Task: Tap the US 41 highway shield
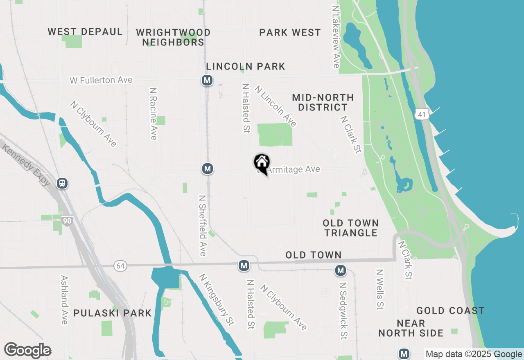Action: tap(422, 114)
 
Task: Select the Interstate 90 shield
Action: tap(68, 221)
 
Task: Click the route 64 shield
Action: tap(120, 266)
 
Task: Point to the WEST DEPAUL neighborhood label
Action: tap(85, 32)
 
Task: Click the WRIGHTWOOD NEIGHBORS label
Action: tap(173, 37)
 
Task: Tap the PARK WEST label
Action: tap(290, 33)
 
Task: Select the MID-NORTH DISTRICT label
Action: tap(323, 102)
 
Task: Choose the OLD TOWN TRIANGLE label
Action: tap(351, 228)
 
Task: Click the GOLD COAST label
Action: tap(450, 311)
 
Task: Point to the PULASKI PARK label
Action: tap(113, 313)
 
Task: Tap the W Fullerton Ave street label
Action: tap(101, 80)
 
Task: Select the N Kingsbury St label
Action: tap(217, 299)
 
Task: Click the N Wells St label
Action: tap(380, 289)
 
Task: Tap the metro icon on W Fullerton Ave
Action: tap(207, 80)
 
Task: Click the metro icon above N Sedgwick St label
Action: tap(340, 270)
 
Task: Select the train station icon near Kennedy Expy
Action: tap(62, 183)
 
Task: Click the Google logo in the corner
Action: tap(27, 351)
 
